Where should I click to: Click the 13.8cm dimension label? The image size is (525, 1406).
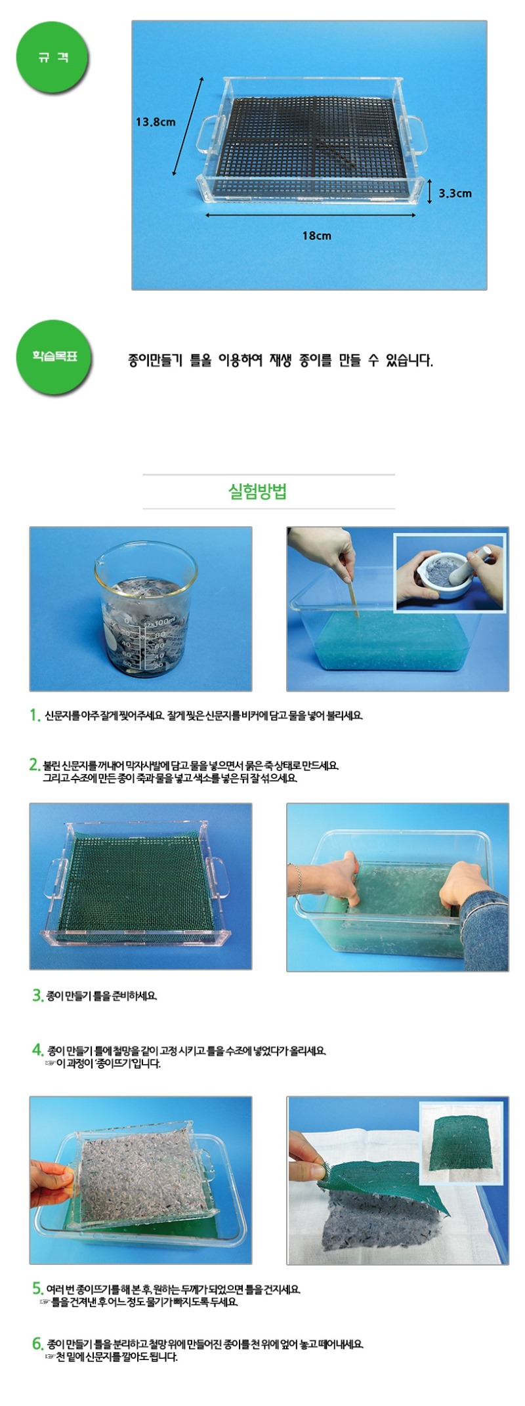pyautogui.click(x=156, y=122)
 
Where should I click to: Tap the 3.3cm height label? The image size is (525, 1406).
pyautogui.click(x=455, y=194)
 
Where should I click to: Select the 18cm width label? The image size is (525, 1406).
pyautogui.click(x=316, y=236)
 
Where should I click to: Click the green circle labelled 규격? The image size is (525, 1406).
pyautogui.click(x=52, y=58)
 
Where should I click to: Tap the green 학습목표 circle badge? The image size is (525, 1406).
pyautogui.click(x=55, y=356)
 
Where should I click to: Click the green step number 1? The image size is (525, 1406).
pyautogui.click(x=35, y=715)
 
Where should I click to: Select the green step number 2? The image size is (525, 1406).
pyautogui.click(x=35, y=765)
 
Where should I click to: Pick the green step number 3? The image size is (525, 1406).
pyautogui.click(x=37, y=995)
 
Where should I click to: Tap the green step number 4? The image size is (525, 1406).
pyautogui.click(x=37, y=1050)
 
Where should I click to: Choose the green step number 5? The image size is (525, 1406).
pyautogui.click(x=37, y=1289)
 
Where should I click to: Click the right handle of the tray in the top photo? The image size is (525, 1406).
pyautogui.click(x=415, y=134)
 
